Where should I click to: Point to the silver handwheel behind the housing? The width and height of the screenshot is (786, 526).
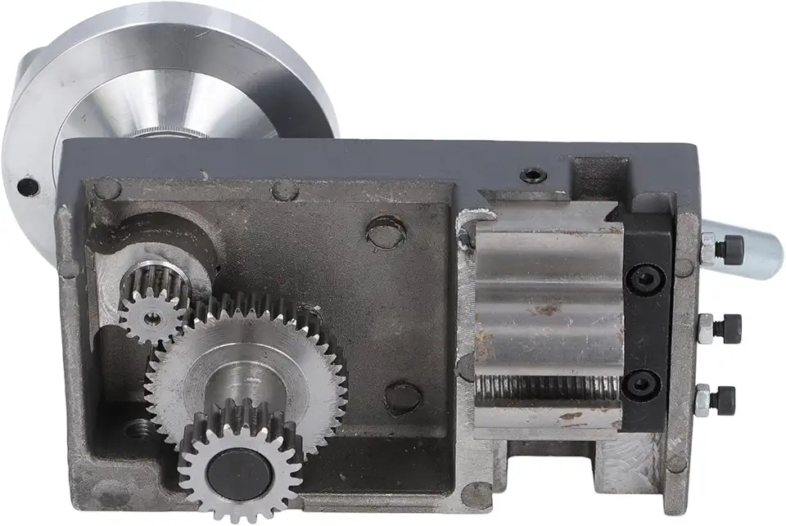(x=164, y=74)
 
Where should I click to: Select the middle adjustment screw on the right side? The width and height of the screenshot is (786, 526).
(x=720, y=329)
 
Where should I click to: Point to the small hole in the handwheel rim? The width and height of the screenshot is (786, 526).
(x=27, y=187)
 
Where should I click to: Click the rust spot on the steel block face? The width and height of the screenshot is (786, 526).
(x=544, y=309)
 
